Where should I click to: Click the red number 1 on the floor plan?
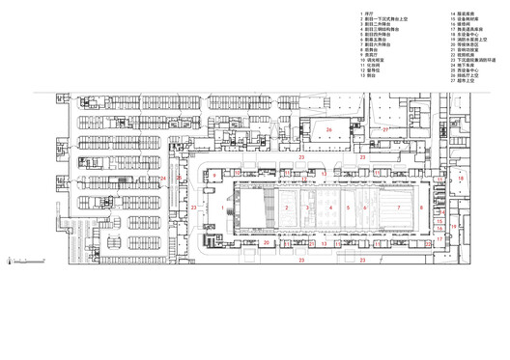coord(222,207)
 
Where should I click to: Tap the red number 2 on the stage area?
coord(287,207)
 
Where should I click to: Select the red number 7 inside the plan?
coord(396,207)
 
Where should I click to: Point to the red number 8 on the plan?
coord(421,207)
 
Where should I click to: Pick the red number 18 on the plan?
coord(461,179)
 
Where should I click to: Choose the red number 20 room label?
coord(266,243)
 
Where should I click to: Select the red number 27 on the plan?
coord(384,128)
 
